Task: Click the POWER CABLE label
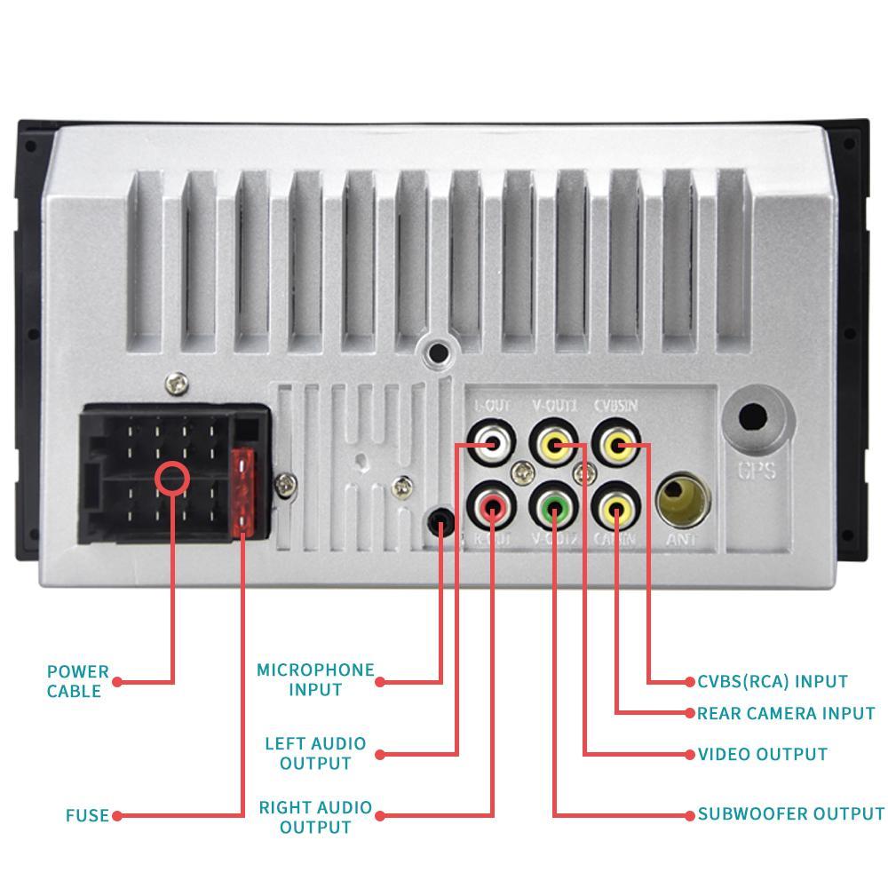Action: (78, 681)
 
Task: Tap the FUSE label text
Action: (87, 815)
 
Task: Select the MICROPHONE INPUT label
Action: (315, 679)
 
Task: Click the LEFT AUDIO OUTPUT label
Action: (315, 753)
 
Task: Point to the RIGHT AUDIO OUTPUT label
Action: (315, 817)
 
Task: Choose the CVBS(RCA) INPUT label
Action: (772, 681)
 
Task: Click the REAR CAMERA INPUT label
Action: (786, 713)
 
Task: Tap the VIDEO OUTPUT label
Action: (762, 754)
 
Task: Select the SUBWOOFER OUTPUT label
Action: (790, 813)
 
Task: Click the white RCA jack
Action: (491, 443)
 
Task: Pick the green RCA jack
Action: (553, 508)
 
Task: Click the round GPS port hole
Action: (753, 417)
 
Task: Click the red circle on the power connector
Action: (172, 478)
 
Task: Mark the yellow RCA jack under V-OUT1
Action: (554, 444)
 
